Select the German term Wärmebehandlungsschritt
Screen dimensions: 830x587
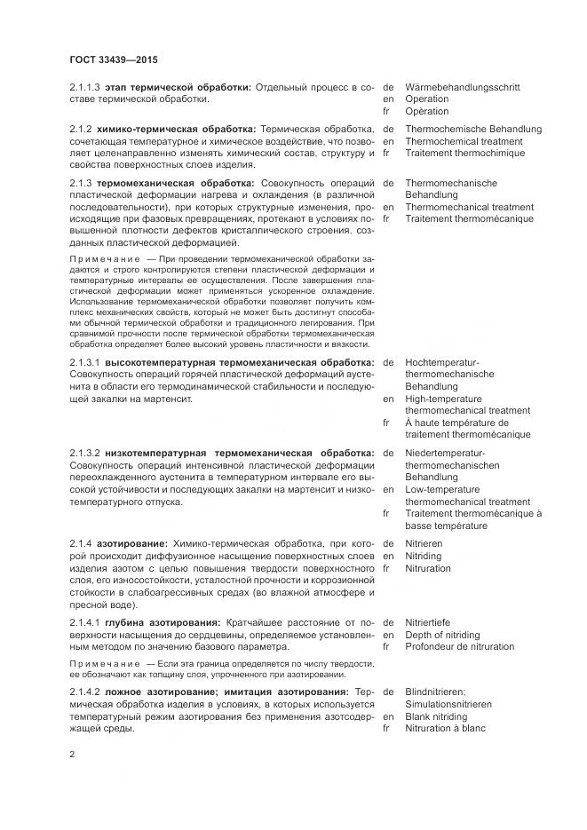click(462, 88)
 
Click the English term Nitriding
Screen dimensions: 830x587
click(425, 556)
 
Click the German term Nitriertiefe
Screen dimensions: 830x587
click(430, 623)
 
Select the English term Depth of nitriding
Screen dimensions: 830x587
click(442, 635)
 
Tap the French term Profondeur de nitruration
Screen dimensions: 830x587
click(459, 647)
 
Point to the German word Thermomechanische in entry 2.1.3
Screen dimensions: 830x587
click(451, 183)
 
